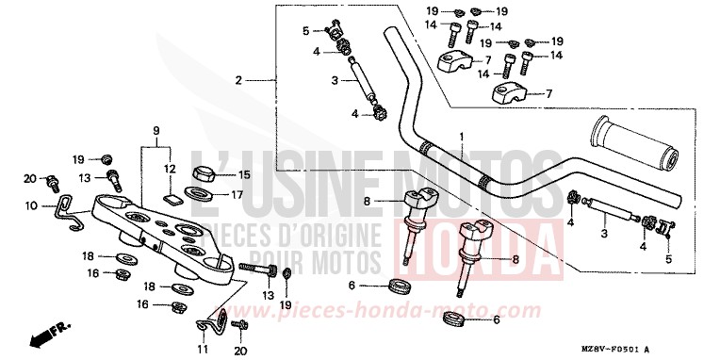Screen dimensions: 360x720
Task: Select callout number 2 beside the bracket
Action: (x=239, y=79)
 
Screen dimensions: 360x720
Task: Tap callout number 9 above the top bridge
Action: (x=156, y=128)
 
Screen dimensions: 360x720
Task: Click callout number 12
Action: (x=170, y=169)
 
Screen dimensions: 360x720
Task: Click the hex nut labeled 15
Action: (x=201, y=173)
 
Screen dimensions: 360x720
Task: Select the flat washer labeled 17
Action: (x=200, y=194)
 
